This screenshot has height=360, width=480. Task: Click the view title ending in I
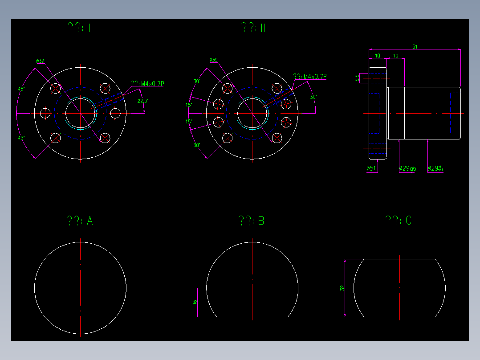click(79, 28)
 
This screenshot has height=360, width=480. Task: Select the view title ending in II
click(253, 28)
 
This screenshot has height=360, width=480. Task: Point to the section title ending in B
click(252, 221)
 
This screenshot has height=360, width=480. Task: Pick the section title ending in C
click(399, 221)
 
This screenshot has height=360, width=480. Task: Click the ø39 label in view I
click(41, 61)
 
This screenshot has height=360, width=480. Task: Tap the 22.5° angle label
click(142, 101)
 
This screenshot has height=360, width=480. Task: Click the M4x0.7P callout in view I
click(147, 83)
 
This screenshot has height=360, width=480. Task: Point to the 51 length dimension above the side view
click(415, 46)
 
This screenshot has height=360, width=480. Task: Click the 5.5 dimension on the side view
click(357, 78)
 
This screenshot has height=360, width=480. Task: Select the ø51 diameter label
click(371, 168)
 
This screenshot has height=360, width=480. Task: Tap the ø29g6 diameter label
click(407, 168)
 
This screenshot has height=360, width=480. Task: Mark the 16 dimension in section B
click(195, 302)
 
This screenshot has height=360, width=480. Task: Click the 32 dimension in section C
click(342, 288)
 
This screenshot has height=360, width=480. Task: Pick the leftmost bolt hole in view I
click(45, 113)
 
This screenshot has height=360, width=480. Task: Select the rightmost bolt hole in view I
click(115, 113)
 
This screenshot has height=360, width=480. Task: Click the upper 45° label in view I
click(21, 89)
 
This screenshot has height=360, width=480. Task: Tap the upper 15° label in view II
click(189, 105)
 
